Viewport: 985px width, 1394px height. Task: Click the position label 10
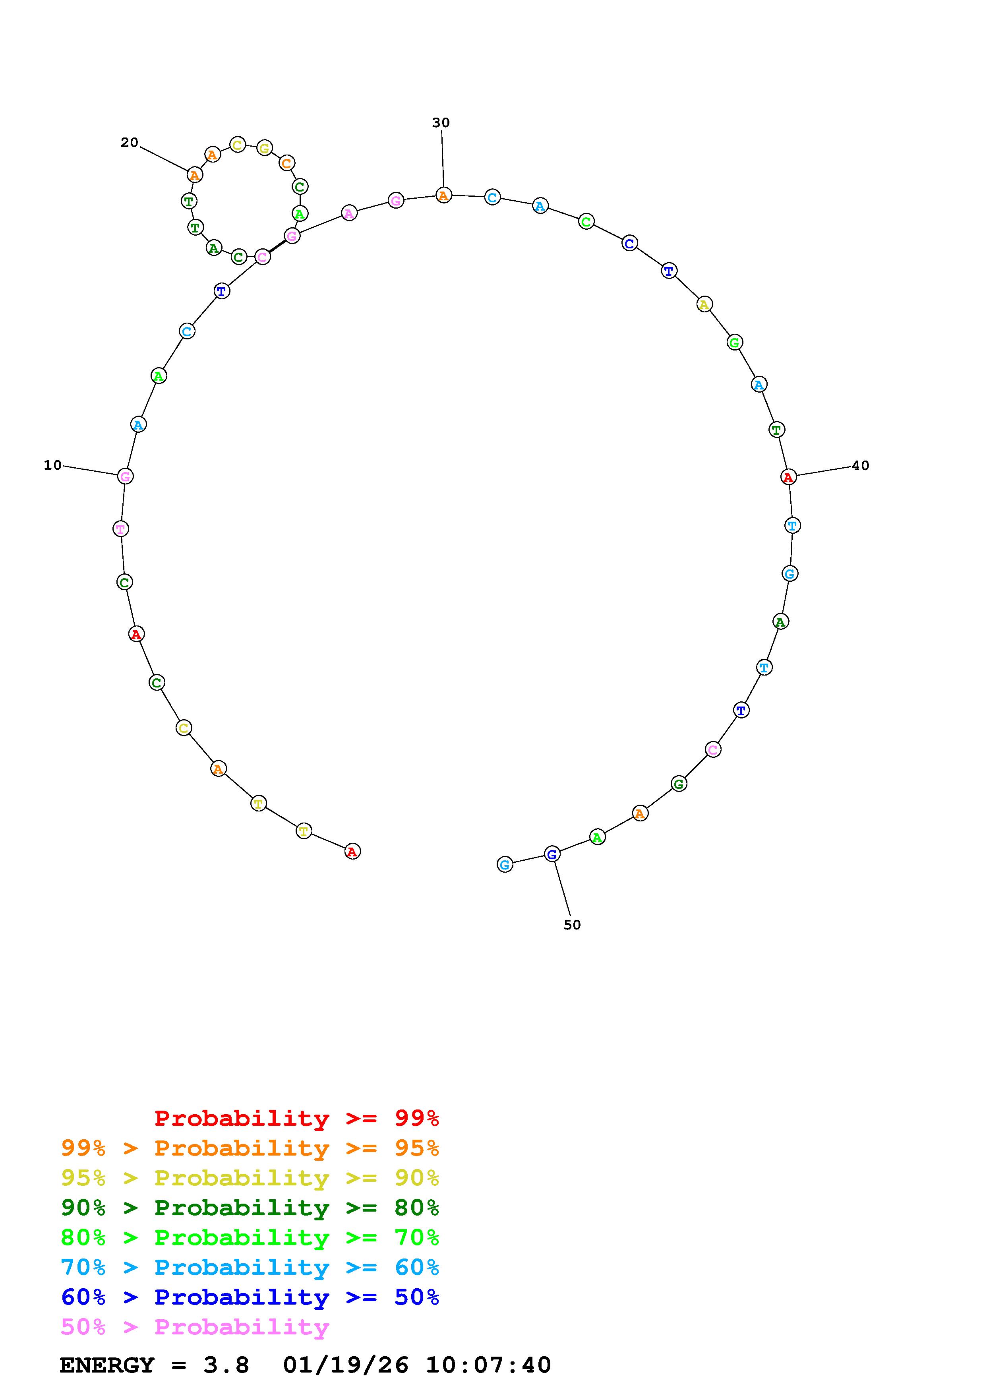pyautogui.click(x=53, y=465)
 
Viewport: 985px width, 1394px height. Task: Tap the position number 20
pyautogui.click(x=129, y=143)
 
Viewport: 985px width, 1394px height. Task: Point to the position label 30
pyautogui.click(x=441, y=123)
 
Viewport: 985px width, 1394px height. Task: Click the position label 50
pyautogui.click(x=572, y=925)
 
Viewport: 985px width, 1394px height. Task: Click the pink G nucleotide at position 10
pyautogui.click(x=125, y=476)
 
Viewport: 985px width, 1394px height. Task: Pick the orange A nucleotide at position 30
pyautogui.click(x=444, y=196)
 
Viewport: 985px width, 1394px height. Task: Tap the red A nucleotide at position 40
pyautogui.click(x=788, y=477)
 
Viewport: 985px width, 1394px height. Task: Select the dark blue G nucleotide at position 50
pyautogui.click(x=552, y=854)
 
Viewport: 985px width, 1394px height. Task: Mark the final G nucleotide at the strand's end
pyautogui.click(x=504, y=864)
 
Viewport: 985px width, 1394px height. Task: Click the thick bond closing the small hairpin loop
pyautogui.click(x=277, y=246)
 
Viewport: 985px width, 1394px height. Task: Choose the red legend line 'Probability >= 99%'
pyautogui.click(x=296, y=1118)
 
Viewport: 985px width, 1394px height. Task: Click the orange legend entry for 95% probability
pyautogui.click(x=250, y=1148)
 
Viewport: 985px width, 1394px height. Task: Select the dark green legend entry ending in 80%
pyautogui.click(x=250, y=1208)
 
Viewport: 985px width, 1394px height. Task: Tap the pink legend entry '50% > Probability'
pyautogui.click(x=195, y=1326)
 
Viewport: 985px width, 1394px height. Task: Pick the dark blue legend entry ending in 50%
pyautogui.click(x=250, y=1297)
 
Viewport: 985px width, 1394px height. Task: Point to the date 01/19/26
pyautogui.click(x=345, y=1365)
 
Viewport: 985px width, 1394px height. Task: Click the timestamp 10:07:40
pyautogui.click(x=488, y=1365)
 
